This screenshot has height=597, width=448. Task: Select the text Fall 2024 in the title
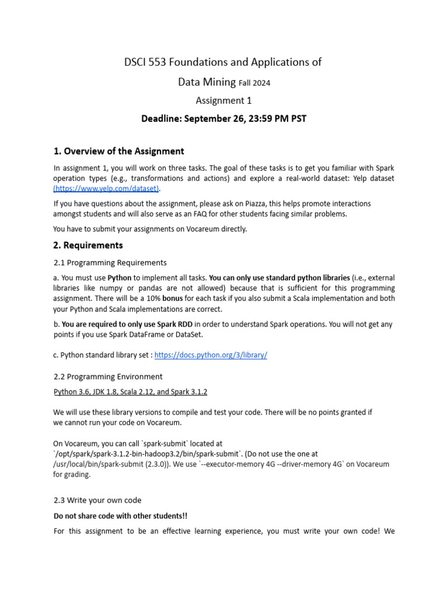(x=254, y=83)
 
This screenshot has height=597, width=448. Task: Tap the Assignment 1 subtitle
(x=224, y=101)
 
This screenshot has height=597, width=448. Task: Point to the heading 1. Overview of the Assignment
(x=118, y=152)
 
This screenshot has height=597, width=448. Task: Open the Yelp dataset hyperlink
(x=107, y=188)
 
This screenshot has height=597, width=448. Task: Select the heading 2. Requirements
(x=88, y=245)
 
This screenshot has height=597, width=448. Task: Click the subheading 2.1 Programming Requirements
(x=110, y=262)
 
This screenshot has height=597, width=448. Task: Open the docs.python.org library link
(x=211, y=355)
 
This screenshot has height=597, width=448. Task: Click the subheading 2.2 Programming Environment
(x=108, y=376)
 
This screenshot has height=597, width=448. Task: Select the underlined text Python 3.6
(x=72, y=392)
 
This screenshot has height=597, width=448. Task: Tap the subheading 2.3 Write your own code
(x=97, y=500)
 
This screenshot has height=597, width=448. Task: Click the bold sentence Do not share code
(x=121, y=516)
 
